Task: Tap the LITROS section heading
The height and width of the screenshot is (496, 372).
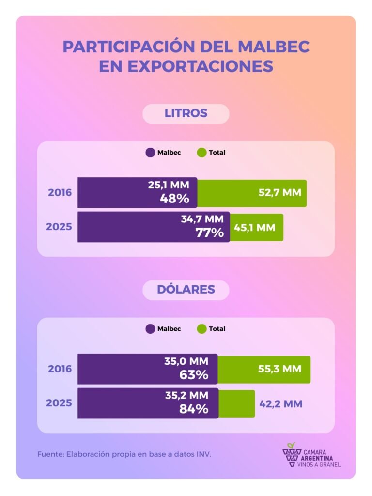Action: tap(186, 113)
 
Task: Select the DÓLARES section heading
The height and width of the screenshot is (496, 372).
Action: tap(186, 290)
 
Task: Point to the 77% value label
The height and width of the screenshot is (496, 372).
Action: tap(209, 232)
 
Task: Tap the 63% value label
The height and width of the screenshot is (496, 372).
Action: tap(194, 375)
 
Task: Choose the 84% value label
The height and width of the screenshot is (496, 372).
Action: tap(194, 409)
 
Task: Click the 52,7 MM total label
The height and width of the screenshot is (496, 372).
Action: tap(279, 192)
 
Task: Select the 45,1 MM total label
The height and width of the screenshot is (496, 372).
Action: tap(255, 227)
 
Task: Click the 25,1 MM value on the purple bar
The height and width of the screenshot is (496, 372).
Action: tap(172, 185)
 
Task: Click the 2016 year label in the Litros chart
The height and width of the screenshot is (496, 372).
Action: tap(60, 192)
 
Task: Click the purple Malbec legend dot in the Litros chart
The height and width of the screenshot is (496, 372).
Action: tap(150, 153)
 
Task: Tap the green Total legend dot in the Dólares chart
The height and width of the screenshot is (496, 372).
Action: tap(201, 329)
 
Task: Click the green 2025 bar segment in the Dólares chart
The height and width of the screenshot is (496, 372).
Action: tap(236, 403)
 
